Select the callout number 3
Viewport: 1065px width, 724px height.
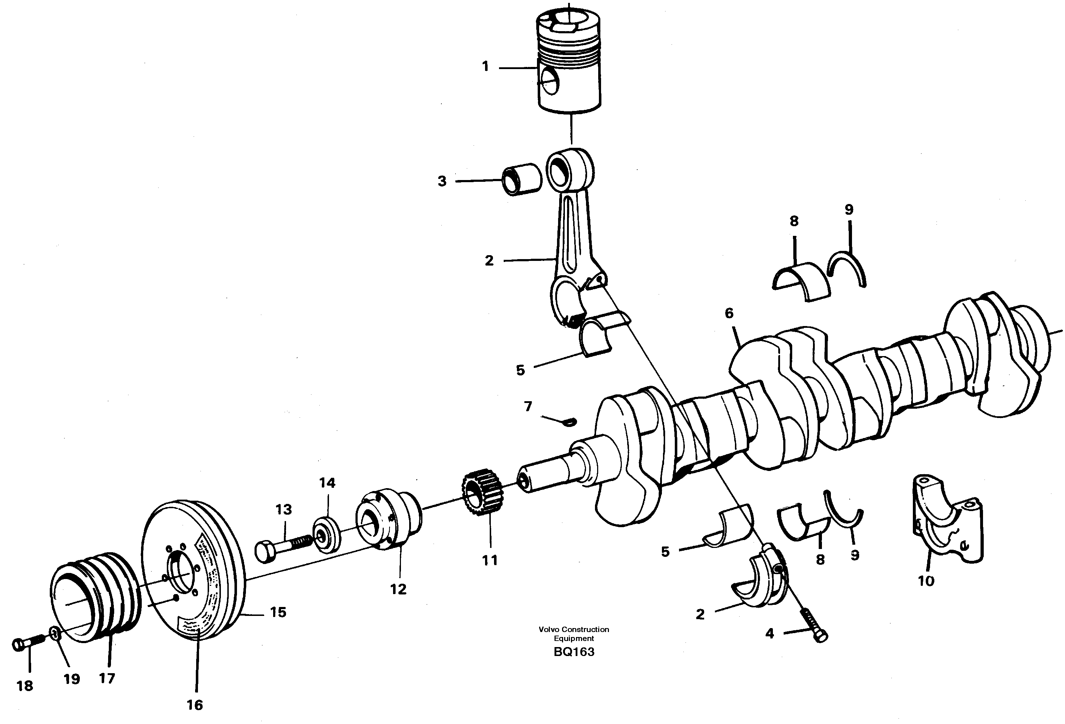[x=442, y=181]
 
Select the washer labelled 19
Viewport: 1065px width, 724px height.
[x=54, y=634]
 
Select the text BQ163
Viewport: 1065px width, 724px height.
[x=574, y=652]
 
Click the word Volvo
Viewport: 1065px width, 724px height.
[x=548, y=630]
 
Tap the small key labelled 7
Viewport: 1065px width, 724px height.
[x=570, y=422]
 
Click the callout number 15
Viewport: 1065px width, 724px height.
[x=278, y=612]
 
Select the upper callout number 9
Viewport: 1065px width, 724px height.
[x=849, y=209]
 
